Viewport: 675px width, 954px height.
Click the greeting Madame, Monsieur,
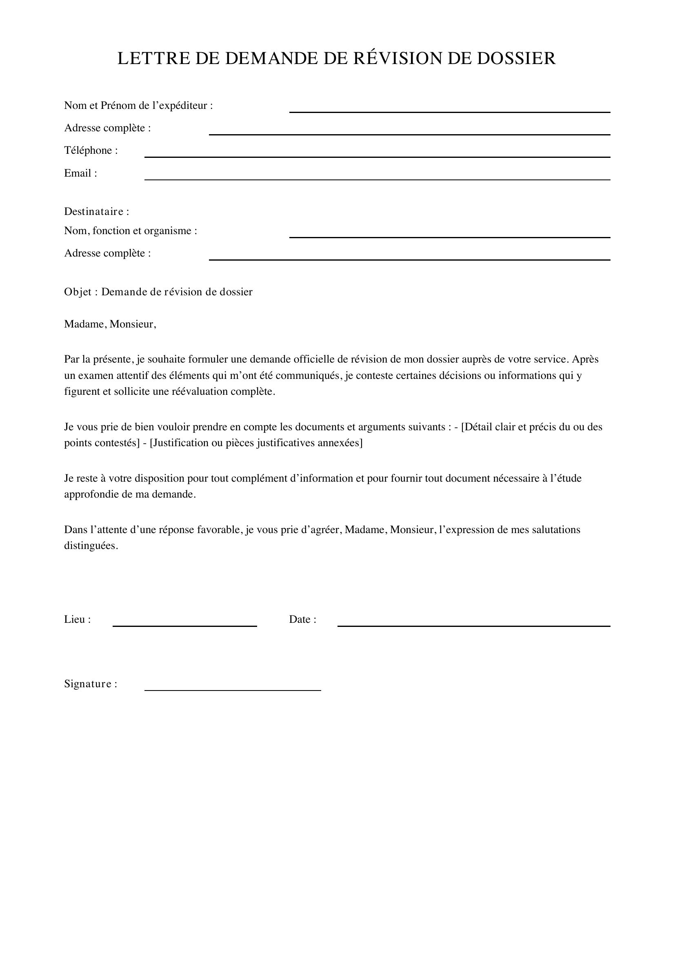(110, 324)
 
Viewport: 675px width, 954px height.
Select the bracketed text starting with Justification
(256, 443)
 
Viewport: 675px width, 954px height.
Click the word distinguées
(91, 546)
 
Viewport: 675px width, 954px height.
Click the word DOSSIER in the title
(516, 58)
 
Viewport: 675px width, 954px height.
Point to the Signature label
(91, 684)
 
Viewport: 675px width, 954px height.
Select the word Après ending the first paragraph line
(585, 359)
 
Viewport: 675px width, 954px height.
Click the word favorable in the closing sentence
(218, 530)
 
